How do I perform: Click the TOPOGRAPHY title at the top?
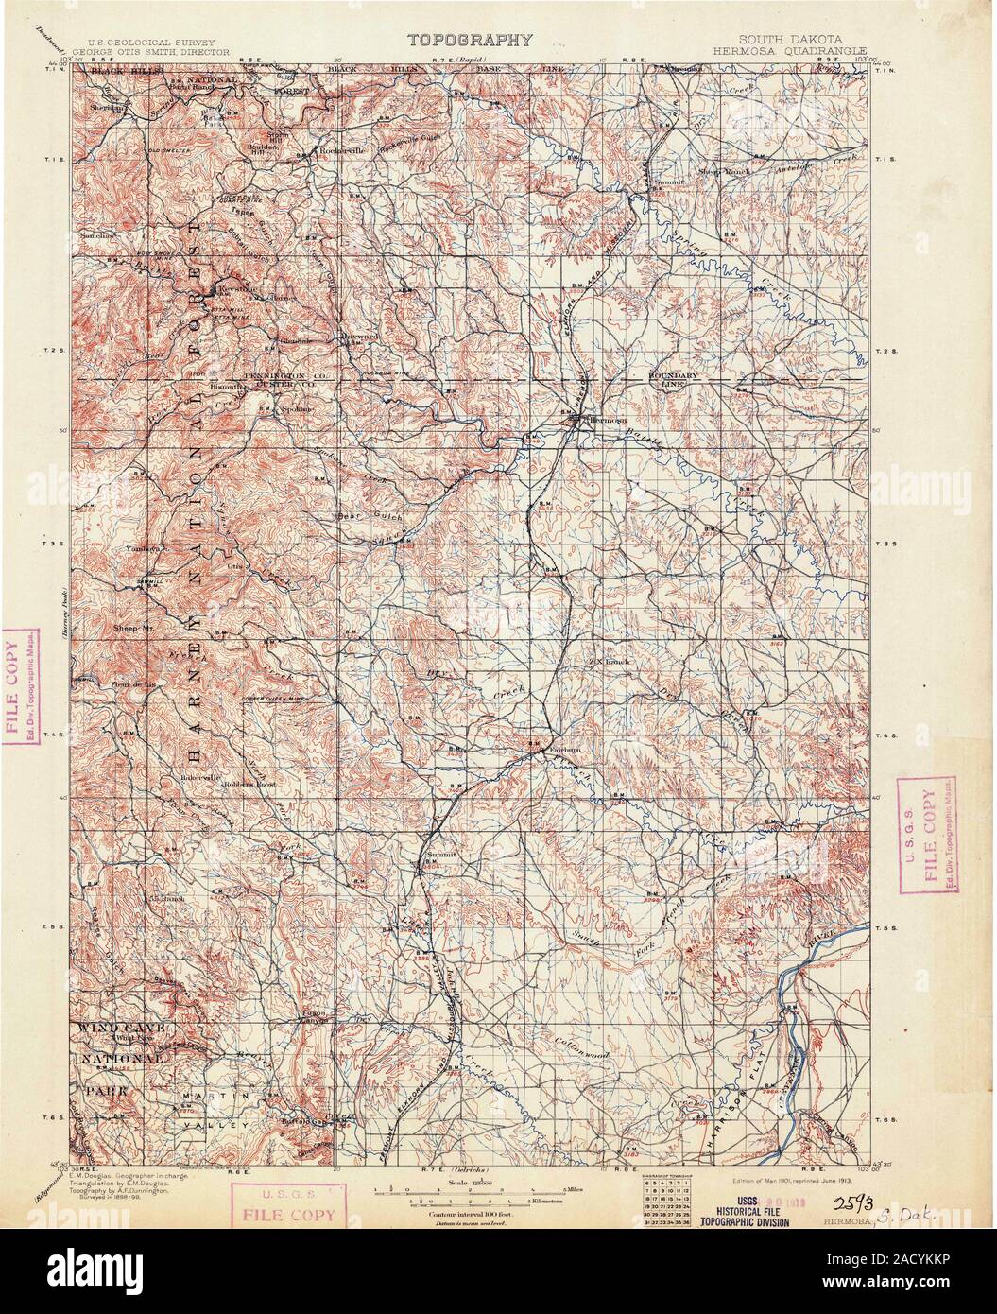point(470,40)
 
